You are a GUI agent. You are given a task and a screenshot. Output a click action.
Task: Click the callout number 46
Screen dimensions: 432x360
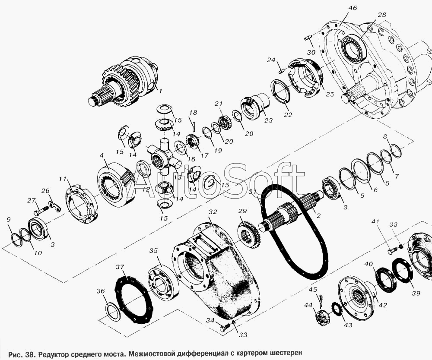point(353,8)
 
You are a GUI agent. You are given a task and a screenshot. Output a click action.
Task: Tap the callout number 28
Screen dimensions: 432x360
point(382,15)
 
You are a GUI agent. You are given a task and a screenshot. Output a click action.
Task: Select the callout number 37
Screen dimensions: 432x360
point(120,267)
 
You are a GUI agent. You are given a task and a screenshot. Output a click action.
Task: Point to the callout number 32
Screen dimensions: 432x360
point(213,212)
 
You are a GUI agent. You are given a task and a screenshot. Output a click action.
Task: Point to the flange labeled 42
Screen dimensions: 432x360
point(356,298)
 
